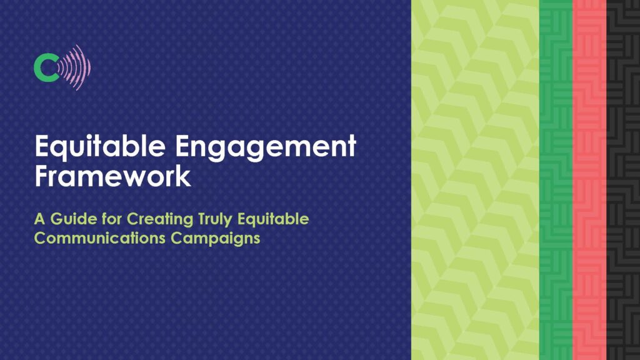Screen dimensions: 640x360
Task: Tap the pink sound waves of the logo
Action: point(76,67)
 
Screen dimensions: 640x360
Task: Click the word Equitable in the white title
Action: point(100,146)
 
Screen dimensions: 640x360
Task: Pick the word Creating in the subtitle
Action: point(160,219)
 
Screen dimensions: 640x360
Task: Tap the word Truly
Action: point(216,219)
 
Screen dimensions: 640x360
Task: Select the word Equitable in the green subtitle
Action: point(273,219)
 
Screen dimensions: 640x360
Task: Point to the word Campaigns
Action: point(215,239)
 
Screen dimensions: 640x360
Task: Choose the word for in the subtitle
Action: point(112,219)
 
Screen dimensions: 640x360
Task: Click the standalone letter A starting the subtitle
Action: point(39,219)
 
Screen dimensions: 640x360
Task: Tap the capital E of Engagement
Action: point(183,146)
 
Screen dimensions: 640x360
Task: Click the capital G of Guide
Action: point(57,219)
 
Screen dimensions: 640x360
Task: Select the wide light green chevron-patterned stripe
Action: point(475,180)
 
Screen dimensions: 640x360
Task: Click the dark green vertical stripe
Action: point(556,180)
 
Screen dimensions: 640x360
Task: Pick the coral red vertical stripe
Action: point(589,180)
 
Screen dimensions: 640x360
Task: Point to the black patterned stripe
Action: point(623,180)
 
